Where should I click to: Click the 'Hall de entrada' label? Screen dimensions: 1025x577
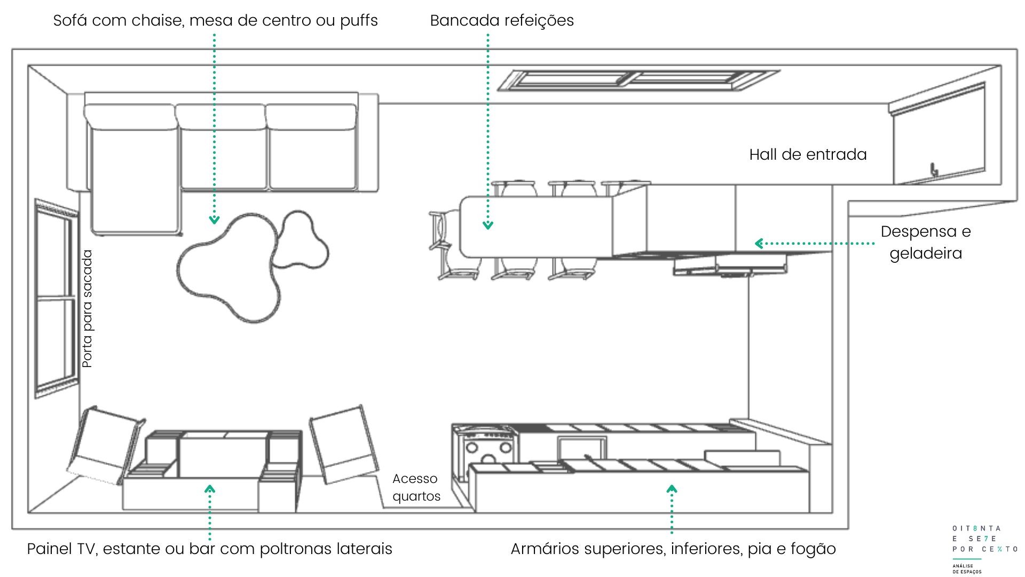pos(808,154)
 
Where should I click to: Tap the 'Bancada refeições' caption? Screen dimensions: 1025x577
pos(502,20)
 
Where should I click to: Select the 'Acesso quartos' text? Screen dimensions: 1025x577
pos(416,487)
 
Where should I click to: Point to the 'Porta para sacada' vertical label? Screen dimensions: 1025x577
pos(88,309)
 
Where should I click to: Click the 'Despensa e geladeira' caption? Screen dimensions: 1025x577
pos(926,242)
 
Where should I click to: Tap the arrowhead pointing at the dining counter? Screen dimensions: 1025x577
pos(487,225)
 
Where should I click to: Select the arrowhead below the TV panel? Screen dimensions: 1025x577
pos(210,488)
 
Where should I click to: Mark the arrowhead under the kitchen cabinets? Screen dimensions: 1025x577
pos(672,488)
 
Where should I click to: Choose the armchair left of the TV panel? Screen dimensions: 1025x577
pos(107,445)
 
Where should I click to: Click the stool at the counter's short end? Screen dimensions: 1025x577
pos(442,230)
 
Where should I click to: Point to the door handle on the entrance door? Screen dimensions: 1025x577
pos(934,170)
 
